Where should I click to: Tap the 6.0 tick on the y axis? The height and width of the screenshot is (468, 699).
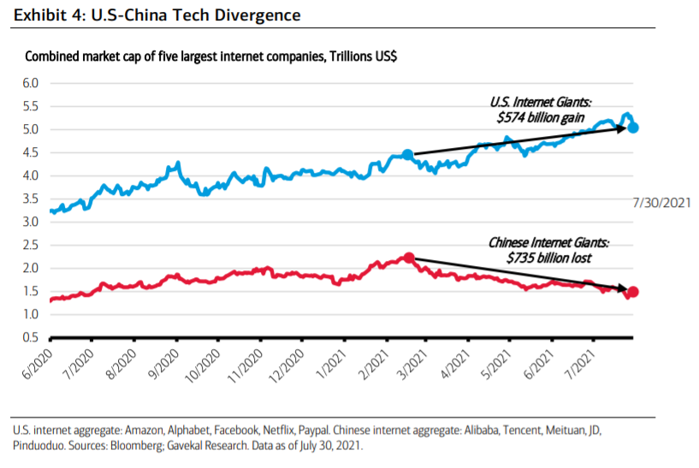(x=33, y=84)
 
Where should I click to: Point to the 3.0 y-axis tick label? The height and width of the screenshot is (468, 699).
(x=33, y=222)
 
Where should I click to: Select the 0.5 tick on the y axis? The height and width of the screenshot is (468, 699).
(x=33, y=338)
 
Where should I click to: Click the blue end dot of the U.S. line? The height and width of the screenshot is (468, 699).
(x=633, y=127)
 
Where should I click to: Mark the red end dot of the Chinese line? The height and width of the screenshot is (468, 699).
(x=633, y=292)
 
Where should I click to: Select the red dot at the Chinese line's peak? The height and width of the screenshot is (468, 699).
(x=409, y=258)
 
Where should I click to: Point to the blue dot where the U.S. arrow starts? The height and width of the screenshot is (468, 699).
(x=407, y=155)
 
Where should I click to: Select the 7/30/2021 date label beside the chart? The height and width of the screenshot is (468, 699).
(x=661, y=203)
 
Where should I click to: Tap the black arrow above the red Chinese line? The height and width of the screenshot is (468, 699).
(x=522, y=275)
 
